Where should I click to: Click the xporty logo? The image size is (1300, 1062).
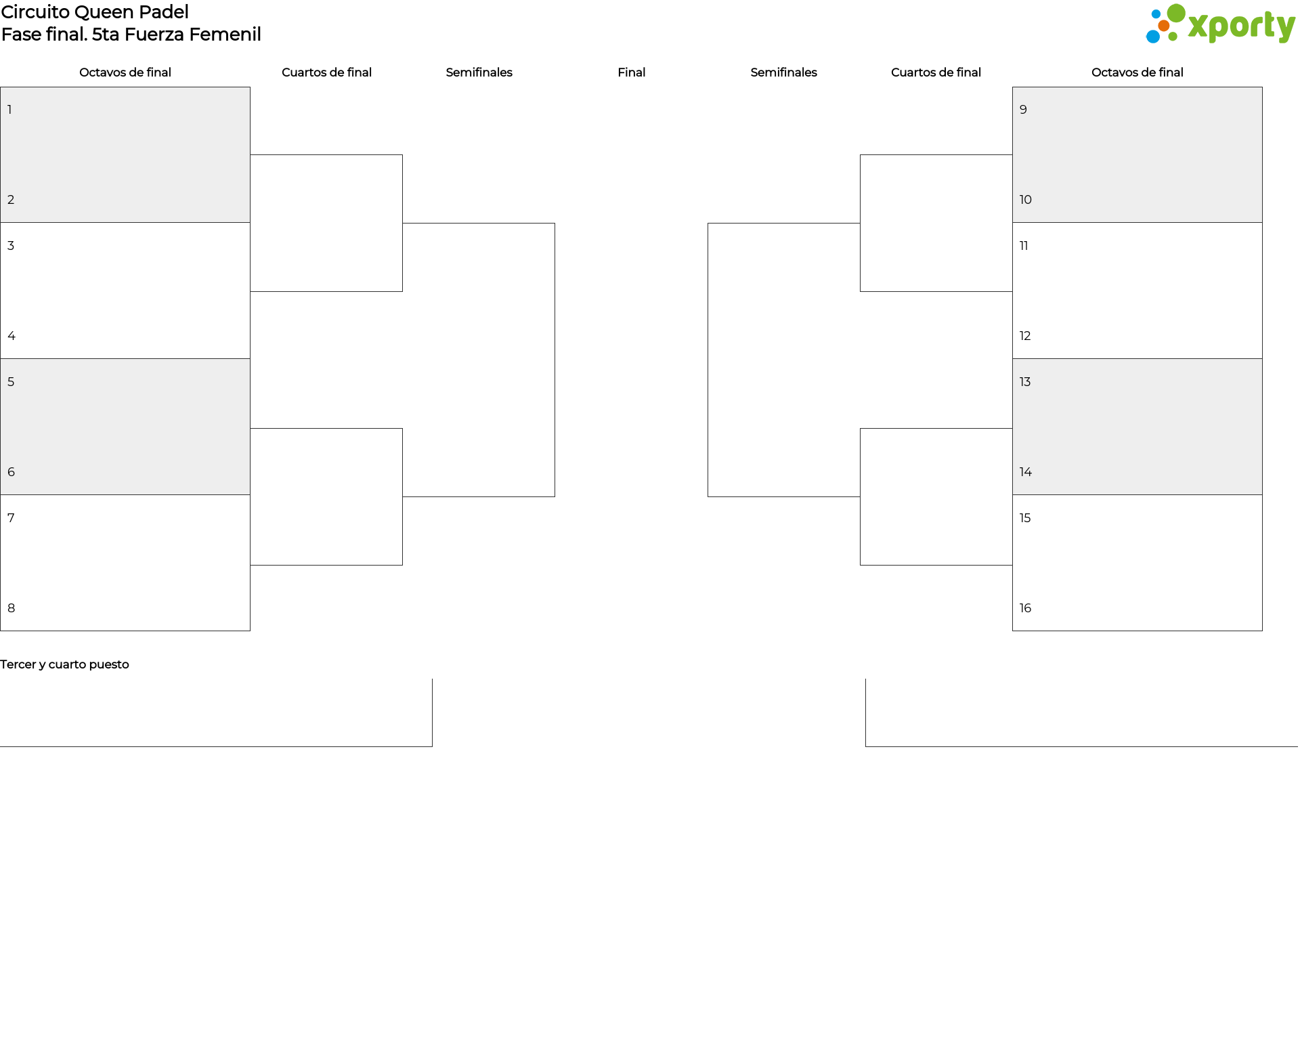[x=1220, y=24]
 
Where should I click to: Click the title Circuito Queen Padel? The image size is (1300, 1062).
[x=95, y=12]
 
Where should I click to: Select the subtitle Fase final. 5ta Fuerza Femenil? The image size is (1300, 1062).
[x=131, y=35]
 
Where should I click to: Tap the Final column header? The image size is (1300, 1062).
[x=631, y=72]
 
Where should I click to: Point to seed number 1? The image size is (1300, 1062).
[x=9, y=110]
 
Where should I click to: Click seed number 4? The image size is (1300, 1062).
[x=12, y=336]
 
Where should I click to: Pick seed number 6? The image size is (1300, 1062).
[x=12, y=472]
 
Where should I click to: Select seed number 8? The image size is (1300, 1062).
[x=12, y=608]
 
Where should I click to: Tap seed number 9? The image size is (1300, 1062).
[x=1024, y=110]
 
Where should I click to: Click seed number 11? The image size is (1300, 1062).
[x=1024, y=246]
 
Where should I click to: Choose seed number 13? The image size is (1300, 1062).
[x=1025, y=382]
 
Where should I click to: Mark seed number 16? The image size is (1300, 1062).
[x=1026, y=608]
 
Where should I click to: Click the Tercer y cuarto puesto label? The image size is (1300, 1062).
[x=64, y=664]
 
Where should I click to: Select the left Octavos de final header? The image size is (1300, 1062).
[x=125, y=72]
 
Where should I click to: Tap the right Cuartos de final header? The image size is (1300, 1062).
[x=936, y=72]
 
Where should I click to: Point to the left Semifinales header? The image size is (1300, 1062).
[x=479, y=72]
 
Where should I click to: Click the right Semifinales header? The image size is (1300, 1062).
[x=783, y=72]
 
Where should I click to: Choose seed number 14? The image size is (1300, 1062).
[x=1026, y=472]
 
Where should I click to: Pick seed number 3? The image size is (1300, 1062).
[x=11, y=246]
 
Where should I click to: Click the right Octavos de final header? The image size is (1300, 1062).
[x=1137, y=72]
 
